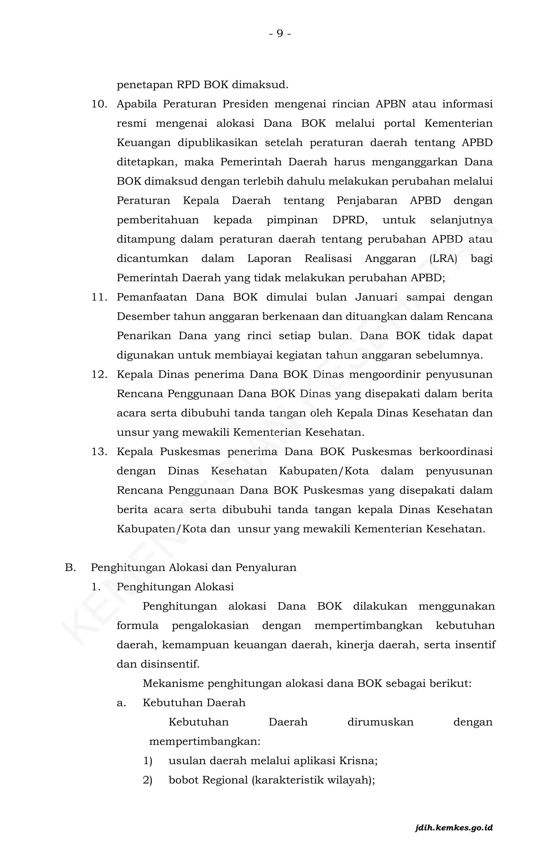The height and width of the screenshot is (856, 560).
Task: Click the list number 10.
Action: (x=99, y=104)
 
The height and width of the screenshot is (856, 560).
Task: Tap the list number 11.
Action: (x=99, y=297)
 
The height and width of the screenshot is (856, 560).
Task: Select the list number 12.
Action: (x=99, y=374)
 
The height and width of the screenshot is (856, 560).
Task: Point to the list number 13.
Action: (x=99, y=452)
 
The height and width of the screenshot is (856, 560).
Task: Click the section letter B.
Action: (x=70, y=568)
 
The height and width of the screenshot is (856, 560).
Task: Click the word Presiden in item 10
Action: (x=245, y=104)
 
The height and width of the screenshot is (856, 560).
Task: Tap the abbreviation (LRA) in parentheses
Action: (x=443, y=259)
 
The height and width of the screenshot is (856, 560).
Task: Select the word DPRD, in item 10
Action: (x=350, y=220)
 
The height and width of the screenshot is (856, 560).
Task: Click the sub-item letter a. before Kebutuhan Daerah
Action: (x=121, y=703)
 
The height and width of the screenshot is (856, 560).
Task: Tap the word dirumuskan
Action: (x=380, y=722)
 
